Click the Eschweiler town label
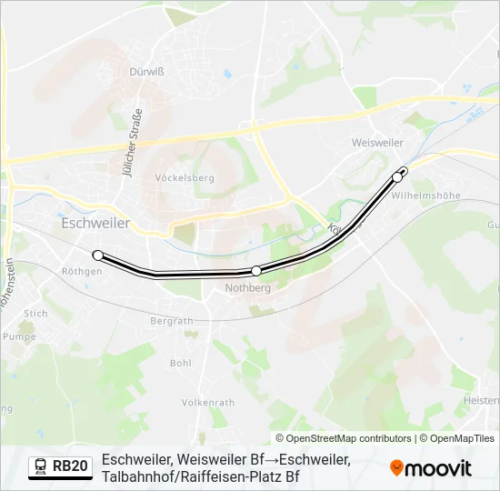tap(95, 223)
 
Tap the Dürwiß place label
tap(145, 71)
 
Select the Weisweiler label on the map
tap(377, 143)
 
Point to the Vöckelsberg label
tap(185, 178)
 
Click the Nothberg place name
tap(247, 288)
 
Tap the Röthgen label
tap(81, 271)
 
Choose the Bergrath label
tap(172, 321)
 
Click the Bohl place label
tap(181, 362)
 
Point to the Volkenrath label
tap(208, 402)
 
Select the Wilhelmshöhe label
tap(426, 195)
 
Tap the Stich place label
tap(35, 314)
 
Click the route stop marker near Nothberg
tap(256, 270)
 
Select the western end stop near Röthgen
tap(98, 256)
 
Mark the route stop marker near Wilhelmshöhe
tap(397, 177)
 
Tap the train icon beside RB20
tap(41, 466)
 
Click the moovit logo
tap(431, 467)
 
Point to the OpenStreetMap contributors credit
tap(344, 438)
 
